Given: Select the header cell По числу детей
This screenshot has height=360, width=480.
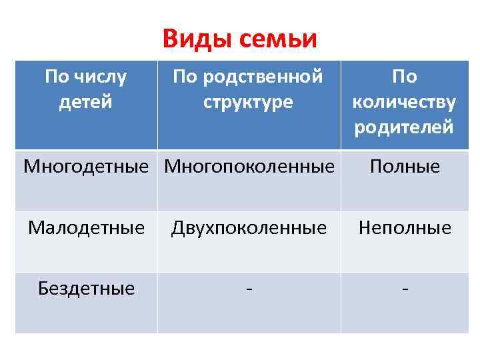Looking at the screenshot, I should point(85,90).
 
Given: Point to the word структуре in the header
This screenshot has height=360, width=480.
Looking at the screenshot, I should point(249,103).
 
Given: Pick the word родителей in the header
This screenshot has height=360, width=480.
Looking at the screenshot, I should point(405,127).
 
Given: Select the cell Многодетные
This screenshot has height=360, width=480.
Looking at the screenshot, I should point(85,166).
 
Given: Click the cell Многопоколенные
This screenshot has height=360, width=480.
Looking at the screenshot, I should point(249,166).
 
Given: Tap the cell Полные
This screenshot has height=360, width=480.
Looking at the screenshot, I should point(405,166).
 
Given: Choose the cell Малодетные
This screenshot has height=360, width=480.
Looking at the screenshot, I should point(85,228).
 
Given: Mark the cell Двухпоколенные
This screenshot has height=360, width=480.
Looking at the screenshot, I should point(249,228).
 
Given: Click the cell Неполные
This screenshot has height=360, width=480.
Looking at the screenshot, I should point(405,228).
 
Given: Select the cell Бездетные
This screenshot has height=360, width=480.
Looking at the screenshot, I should point(85,288).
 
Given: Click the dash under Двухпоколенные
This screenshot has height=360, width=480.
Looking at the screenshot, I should point(249,289).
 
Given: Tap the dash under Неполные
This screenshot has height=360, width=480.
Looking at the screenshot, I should point(405,289).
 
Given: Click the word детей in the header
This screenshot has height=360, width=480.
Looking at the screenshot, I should point(85,103).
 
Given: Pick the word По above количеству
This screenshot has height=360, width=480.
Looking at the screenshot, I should point(405,77).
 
